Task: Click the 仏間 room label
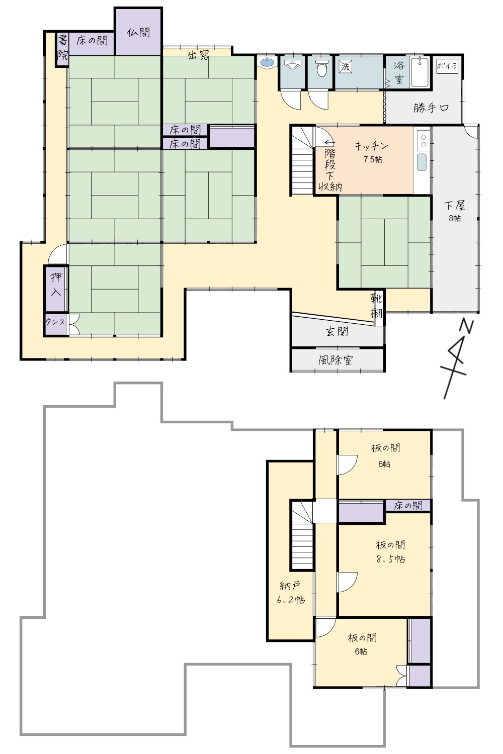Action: (138, 32)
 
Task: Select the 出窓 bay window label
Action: (199, 54)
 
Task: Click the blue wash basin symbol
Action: (268, 62)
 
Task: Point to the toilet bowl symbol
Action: (322, 68)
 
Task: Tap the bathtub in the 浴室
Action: (420, 72)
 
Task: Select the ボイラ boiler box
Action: (447, 66)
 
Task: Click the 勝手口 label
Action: (432, 108)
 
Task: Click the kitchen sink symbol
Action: (422, 162)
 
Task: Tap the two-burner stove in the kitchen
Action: (424, 140)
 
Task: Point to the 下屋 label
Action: (455, 205)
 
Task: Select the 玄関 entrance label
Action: (337, 332)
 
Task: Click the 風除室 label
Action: (336, 360)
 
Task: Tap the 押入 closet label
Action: (56, 285)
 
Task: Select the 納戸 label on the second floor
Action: (290, 586)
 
